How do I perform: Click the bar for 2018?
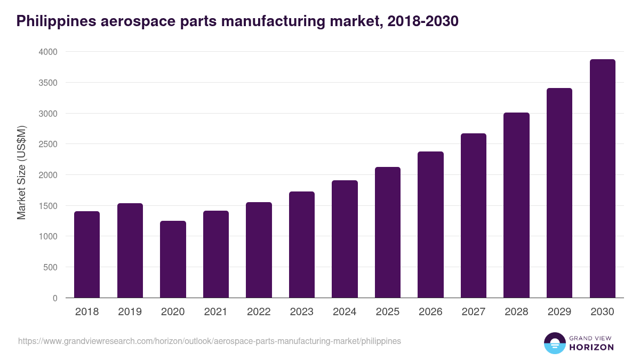(87, 254)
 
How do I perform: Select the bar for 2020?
(173, 259)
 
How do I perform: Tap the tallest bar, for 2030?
(602, 179)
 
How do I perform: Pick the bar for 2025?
(388, 233)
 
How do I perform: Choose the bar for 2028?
(516, 205)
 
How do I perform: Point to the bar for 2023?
(302, 245)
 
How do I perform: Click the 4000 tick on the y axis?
(47, 52)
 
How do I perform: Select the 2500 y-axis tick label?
(47, 144)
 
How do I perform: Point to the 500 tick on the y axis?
(50, 267)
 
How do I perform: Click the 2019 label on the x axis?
(130, 312)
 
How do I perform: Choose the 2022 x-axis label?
(259, 312)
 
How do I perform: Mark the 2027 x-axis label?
(474, 312)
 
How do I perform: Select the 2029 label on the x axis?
(559, 312)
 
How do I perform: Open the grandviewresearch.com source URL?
(209, 341)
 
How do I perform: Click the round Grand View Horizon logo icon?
(554, 343)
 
